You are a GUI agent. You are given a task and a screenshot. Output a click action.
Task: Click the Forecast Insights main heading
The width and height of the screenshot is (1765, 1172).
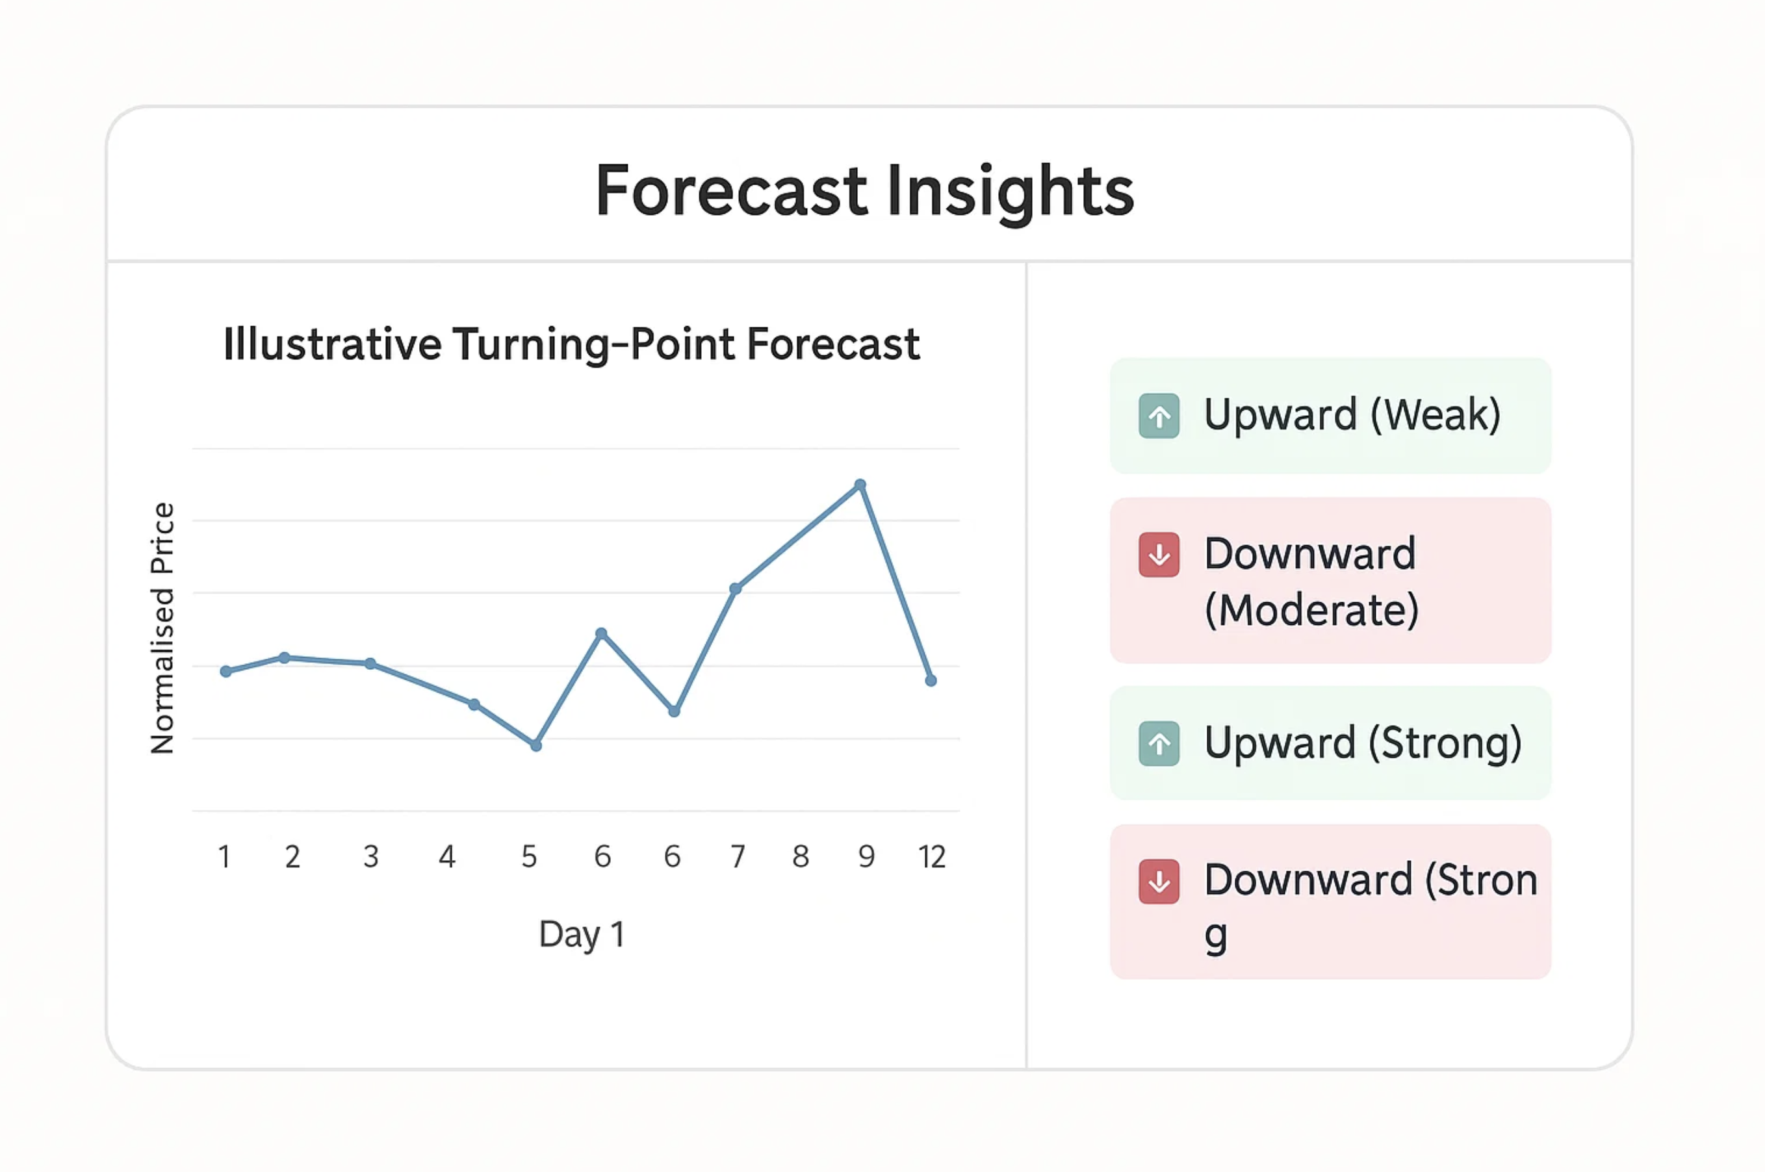[864, 192]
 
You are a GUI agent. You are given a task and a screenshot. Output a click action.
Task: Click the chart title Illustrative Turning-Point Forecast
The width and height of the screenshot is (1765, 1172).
[572, 344]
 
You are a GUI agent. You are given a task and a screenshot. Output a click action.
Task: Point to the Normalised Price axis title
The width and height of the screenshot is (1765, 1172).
[162, 628]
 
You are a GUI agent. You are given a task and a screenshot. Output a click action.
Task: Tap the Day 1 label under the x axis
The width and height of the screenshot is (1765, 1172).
[582, 934]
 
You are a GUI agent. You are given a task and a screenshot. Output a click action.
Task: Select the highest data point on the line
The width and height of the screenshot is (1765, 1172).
[860, 485]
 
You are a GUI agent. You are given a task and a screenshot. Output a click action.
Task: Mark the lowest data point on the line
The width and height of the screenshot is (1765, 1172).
[536, 745]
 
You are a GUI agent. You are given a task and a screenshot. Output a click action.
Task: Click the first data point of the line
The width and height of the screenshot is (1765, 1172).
[225, 671]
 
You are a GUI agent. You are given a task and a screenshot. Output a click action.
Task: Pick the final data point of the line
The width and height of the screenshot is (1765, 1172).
[931, 680]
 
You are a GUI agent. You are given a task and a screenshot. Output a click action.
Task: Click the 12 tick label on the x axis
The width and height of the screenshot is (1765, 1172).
[932, 856]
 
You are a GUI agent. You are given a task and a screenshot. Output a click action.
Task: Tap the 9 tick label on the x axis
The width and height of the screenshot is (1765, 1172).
[866, 856]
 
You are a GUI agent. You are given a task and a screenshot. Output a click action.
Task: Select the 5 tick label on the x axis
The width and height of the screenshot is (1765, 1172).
[529, 856]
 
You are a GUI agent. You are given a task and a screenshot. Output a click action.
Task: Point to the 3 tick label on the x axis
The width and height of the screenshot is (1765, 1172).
[371, 856]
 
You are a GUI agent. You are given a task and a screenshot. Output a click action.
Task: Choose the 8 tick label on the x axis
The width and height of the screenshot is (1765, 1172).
[801, 856]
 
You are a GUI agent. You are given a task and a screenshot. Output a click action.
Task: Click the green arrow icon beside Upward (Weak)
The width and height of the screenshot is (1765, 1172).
[1159, 416]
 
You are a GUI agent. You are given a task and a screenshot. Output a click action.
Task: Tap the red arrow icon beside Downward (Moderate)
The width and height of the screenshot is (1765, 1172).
[1159, 555]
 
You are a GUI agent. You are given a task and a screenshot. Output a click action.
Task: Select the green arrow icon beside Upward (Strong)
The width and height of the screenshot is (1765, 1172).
[1159, 744]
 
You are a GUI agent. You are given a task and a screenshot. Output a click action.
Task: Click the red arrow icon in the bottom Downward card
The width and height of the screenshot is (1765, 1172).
[1159, 882]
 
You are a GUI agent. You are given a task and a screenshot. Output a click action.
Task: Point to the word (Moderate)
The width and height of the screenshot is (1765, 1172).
[1312, 610]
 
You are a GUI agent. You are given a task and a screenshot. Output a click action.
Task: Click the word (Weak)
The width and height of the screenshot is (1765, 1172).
[1436, 415]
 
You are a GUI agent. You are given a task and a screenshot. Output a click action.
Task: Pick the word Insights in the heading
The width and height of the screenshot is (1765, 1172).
[1011, 192]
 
